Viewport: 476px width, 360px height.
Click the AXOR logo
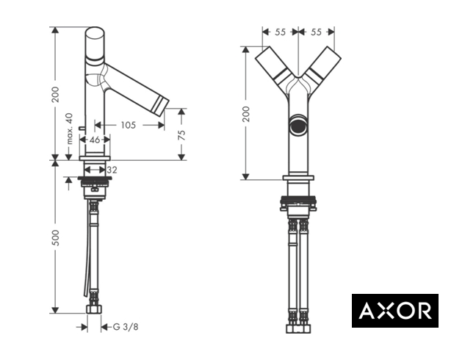pos(395,311)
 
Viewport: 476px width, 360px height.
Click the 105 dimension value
pos(129,125)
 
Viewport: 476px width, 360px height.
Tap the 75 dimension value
pos(181,134)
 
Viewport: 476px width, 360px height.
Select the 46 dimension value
pos(95,140)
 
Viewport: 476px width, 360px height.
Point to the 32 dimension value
pos(112,170)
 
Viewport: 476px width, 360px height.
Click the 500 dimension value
pos(56,237)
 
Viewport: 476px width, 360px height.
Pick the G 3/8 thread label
pos(126,327)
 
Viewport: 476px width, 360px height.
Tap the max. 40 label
pos(70,129)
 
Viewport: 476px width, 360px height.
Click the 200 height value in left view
pos(56,94)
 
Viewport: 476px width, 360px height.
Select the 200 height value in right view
pos(246,114)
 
